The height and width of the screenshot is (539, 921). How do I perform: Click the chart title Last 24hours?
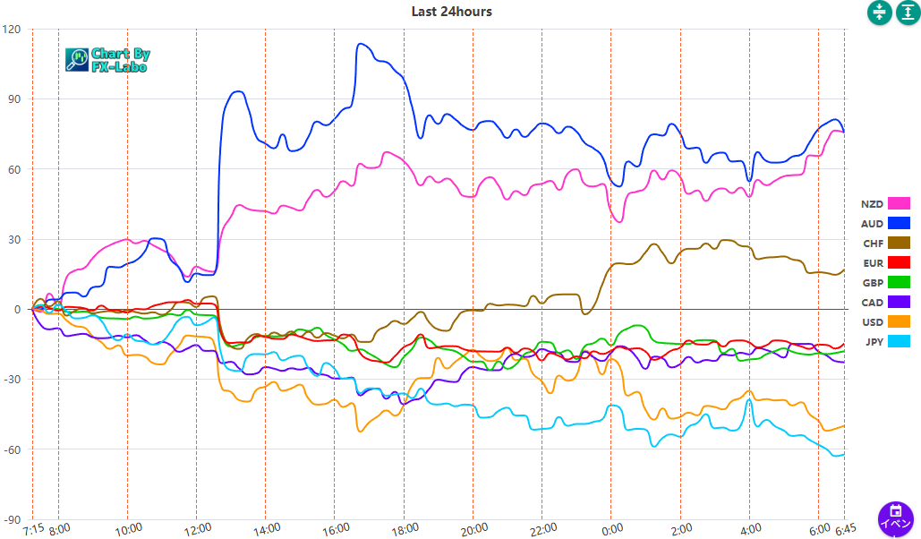click(451, 12)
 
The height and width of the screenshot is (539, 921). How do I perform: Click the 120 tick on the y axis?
click(12, 29)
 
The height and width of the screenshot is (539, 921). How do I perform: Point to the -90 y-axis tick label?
click(12, 519)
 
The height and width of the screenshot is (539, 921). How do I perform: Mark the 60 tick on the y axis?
click(13, 168)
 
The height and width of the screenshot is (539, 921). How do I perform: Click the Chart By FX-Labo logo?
click(107, 60)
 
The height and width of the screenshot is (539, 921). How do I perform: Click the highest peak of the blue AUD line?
click(360, 43)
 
